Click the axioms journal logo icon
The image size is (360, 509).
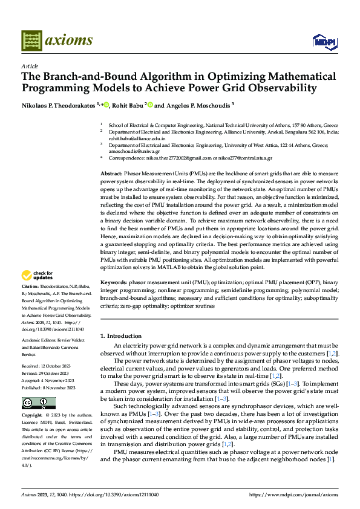[32, 41]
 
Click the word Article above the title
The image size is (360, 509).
[30, 66]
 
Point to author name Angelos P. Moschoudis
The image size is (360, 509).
[197, 105]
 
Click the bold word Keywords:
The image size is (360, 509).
[113, 282]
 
